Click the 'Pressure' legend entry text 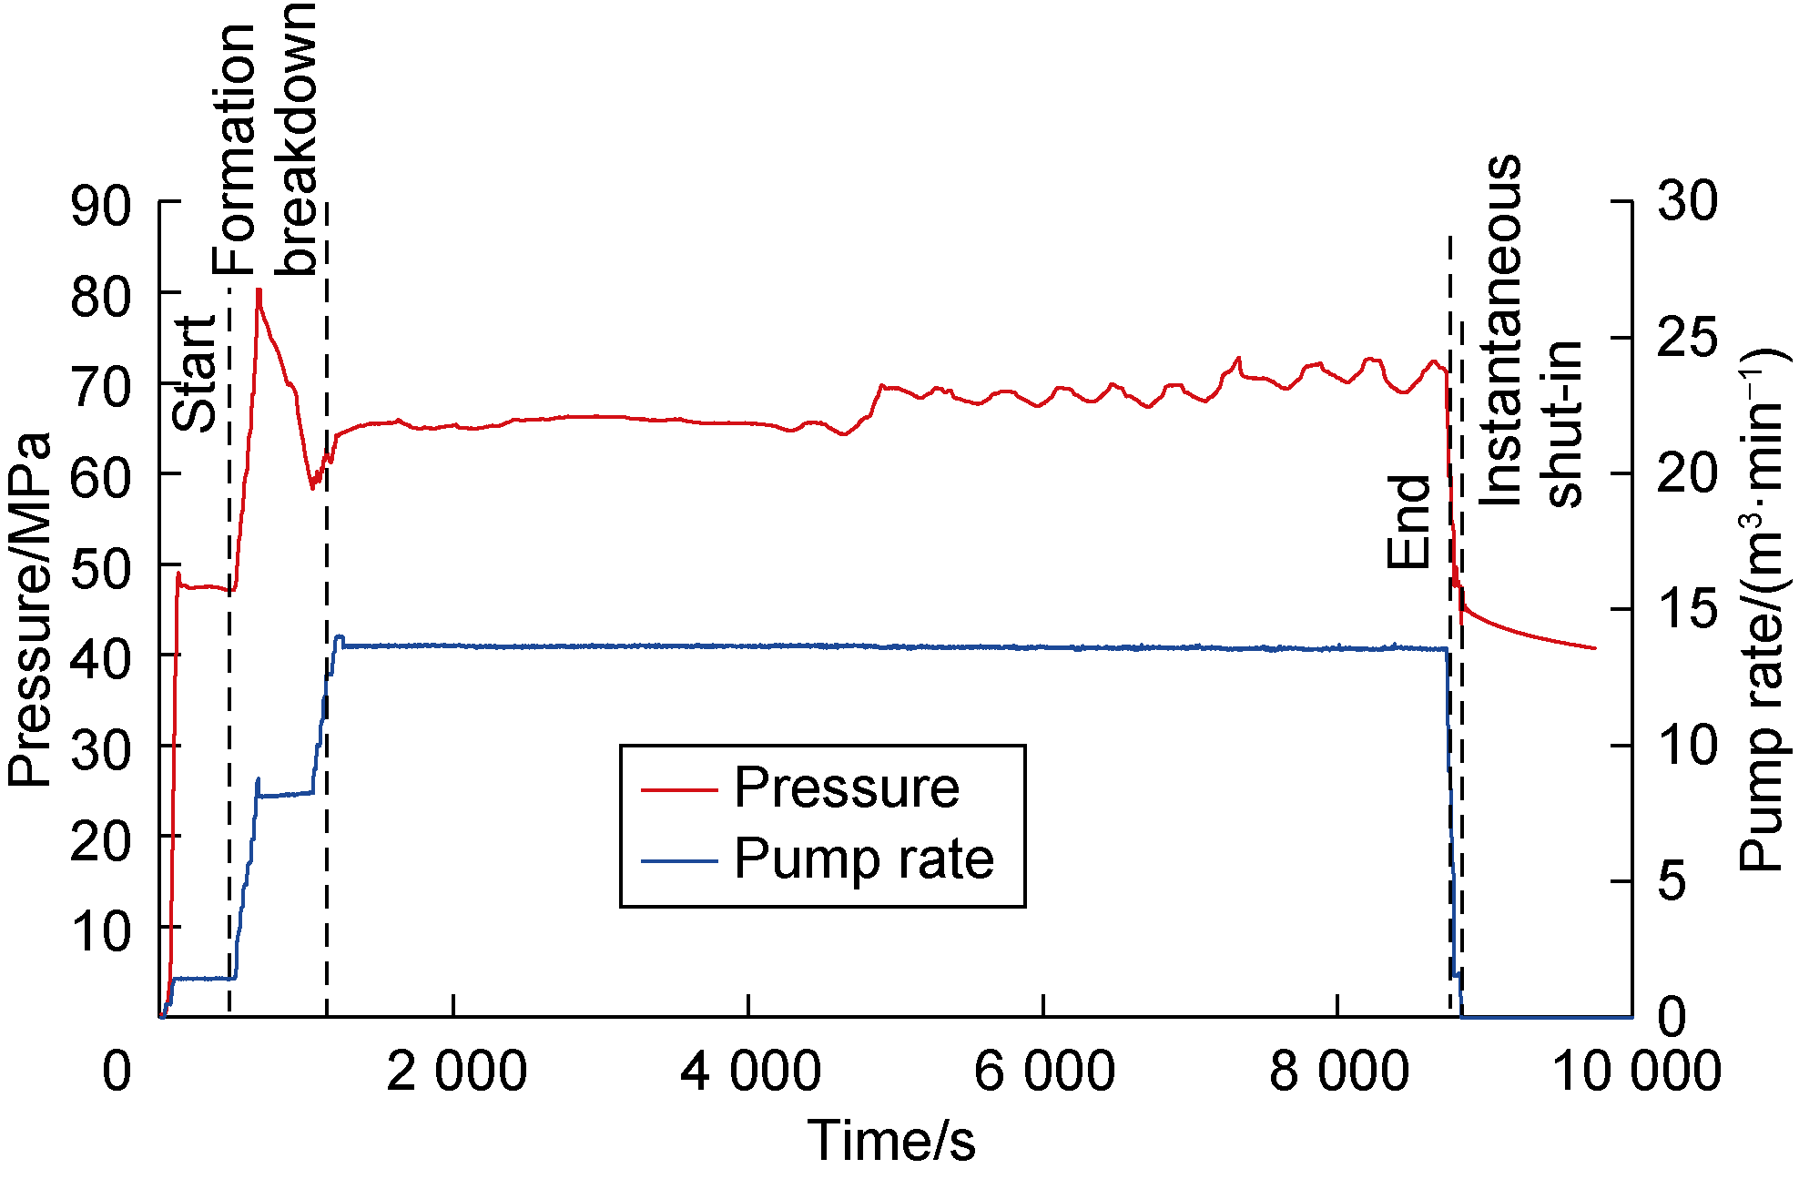point(846,788)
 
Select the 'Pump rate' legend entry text point(863,859)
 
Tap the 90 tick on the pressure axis point(101,207)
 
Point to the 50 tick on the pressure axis point(101,569)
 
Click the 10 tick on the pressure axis point(101,931)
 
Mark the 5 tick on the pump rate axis point(1672,881)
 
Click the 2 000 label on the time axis point(456,1071)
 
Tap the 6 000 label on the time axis point(1044,1071)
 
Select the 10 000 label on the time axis point(1635,1071)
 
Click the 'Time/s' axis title point(891,1141)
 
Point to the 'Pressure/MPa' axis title point(29,610)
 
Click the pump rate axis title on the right point(1763,610)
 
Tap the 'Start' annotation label point(195,373)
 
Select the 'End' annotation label point(1408,523)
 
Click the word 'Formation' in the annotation point(235,150)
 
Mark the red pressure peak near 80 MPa point(259,291)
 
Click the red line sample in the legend point(679,788)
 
